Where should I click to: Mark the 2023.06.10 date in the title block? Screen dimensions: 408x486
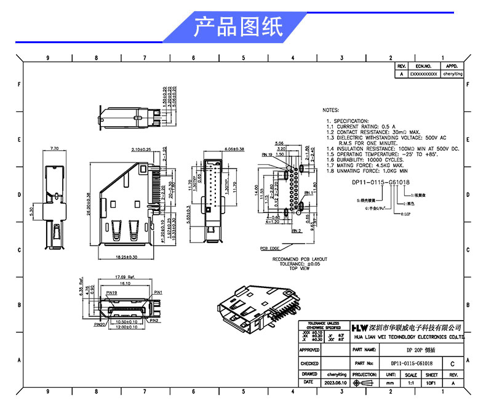335,383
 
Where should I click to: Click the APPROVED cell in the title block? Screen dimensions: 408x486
309,350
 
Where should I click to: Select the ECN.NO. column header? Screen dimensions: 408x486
424,65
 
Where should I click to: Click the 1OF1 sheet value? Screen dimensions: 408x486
431,383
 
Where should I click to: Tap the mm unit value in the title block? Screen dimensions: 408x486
390,383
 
